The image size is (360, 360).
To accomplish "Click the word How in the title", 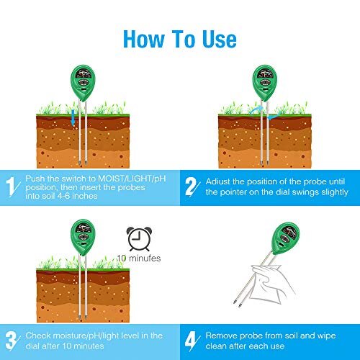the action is [x=144, y=39].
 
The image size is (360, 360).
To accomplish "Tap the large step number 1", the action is [x=10, y=186].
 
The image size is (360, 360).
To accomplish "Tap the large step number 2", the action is [x=192, y=186].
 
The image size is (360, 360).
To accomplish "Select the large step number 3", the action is [x=11, y=341].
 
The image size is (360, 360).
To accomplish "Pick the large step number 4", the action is [x=192, y=341].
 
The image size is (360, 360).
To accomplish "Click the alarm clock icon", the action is [x=139, y=239].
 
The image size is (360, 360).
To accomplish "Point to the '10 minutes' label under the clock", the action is [x=139, y=258].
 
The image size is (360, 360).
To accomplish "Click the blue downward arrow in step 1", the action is [x=73, y=117].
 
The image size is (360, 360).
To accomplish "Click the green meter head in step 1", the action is [x=83, y=83].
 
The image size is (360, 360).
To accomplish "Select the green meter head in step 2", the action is [x=265, y=83].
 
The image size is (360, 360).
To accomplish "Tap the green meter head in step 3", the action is [x=83, y=237].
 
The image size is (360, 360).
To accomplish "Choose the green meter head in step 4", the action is [x=286, y=238].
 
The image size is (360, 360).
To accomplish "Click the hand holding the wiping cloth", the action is [x=271, y=283].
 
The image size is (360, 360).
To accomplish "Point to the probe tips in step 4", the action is [x=237, y=303].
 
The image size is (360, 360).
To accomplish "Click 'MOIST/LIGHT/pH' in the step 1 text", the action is [x=132, y=179].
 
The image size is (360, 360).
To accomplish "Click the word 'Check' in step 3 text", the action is [x=37, y=336].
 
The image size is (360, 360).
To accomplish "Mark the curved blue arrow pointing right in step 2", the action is [x=256, y=110].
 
